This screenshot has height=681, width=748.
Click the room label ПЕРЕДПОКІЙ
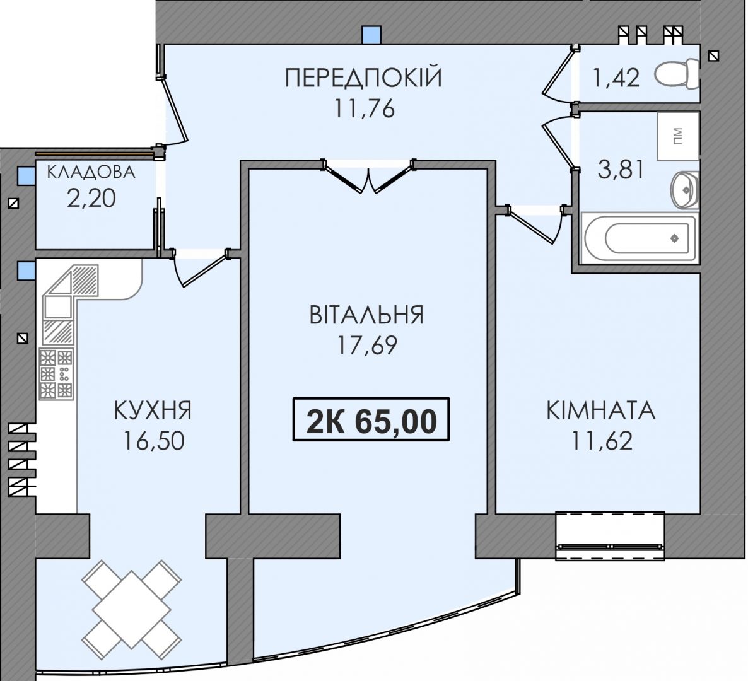pyautogui.click(x=363, y=78)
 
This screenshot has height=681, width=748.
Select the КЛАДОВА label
pyautogui.click(x=91, y=172)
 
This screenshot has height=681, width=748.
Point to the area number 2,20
pyautogui.click(x=91, y=198)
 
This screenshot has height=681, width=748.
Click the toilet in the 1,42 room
pyautogui.click(x=677, y=73)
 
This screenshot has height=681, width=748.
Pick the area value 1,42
pyautogui.click(x=615, y=78)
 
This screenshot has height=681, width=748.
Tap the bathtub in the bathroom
pyautogui.click(x=638, y=238)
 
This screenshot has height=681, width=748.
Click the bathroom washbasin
pyautogui.click(x=685, y=190)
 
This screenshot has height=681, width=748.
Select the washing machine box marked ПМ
pyautogui.click(x=678, y=136)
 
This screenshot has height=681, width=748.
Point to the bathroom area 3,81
pyautogui.click(x=621, y=169)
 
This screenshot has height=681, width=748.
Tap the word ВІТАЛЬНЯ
pyautogui.click(x=366, y=315)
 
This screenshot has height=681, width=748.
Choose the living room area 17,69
pyautogui.click(x=367, y=346)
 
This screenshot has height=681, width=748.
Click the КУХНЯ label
pyautogui.click(x=153, y=410)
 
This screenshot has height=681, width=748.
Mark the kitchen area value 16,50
pyautogui.click(x=154, y=441)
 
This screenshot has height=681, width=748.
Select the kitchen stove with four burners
pyautogui.click(x=56, y=375)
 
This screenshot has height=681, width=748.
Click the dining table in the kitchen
pyautogui.click(x=132, y=609)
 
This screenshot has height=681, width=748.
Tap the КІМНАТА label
pyautogui.click(x=601, y=410)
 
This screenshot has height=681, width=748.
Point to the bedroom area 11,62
pyautogui.click(x=602, y=441)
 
